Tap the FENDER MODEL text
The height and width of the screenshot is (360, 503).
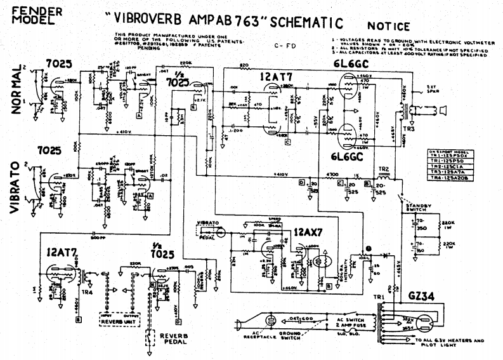[38, 16]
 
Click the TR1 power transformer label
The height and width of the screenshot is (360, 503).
[381, 297]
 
